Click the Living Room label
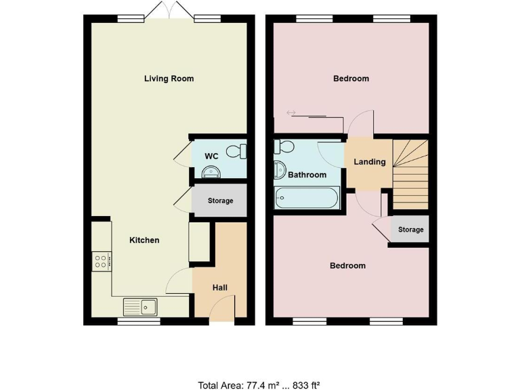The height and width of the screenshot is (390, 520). click(169, 79)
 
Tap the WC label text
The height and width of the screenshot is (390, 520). click(211, 156)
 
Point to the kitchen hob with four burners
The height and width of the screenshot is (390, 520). click(101, 261)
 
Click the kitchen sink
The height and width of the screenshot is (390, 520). click(140, 307)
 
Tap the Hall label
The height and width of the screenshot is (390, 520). click(220, 288)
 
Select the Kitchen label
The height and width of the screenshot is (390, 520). click(144, 240)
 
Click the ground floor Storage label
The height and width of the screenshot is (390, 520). click(220, 200)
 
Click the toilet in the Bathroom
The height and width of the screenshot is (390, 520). click(283, 148)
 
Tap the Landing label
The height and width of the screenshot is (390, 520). click(370, 162)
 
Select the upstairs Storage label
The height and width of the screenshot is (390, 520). click(410, 230)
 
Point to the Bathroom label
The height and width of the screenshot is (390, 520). click(307, 175)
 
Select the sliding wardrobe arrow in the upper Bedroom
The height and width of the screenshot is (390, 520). click(292, 112)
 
